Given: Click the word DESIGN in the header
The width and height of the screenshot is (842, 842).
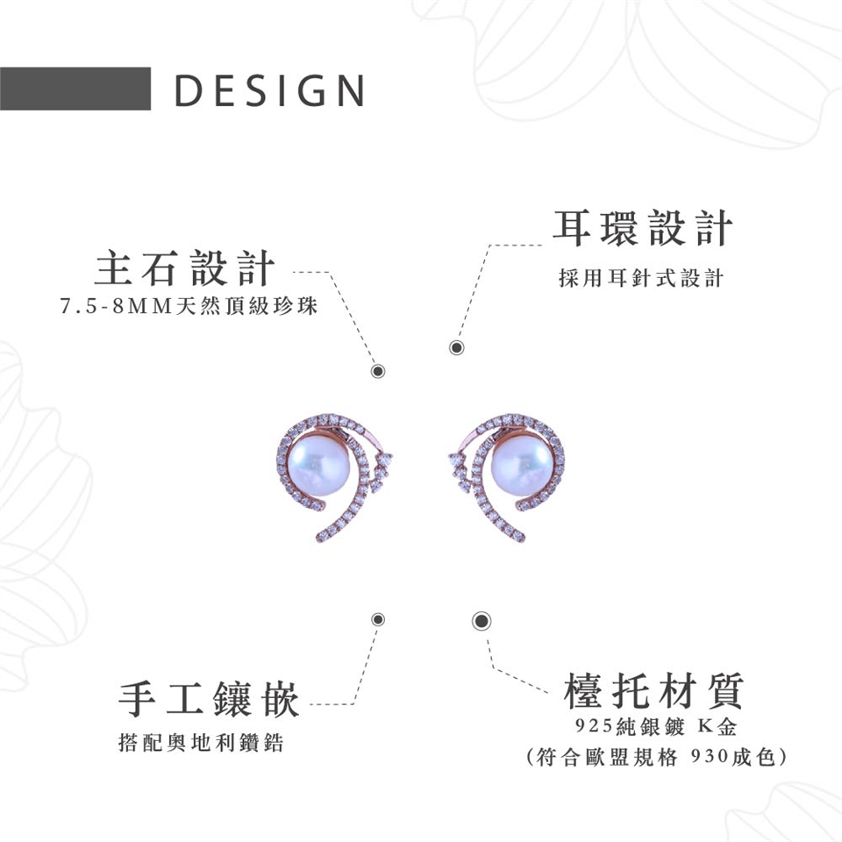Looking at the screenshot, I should click(x=270, y=90).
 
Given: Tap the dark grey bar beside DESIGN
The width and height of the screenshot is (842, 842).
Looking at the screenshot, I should click(x=75, y=89).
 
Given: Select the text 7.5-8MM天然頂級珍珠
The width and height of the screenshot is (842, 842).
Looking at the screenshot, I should click(x=187, y=308).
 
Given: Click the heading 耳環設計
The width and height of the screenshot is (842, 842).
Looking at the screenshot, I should click(x=642, y=228).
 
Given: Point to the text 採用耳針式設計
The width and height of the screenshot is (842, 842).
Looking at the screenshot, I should click(x=641, y=279).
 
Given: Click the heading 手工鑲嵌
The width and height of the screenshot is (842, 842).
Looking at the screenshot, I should click(x=209, y=699).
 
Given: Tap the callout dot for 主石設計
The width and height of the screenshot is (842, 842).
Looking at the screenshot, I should click(x=378, y=370).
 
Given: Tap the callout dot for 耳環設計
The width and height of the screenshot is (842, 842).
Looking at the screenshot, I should click(x=456, y=348).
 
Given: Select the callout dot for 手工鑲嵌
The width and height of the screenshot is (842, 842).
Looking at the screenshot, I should click(x=378, y=619).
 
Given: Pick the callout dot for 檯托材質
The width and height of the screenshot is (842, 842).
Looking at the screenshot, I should click(x=481, y=621).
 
